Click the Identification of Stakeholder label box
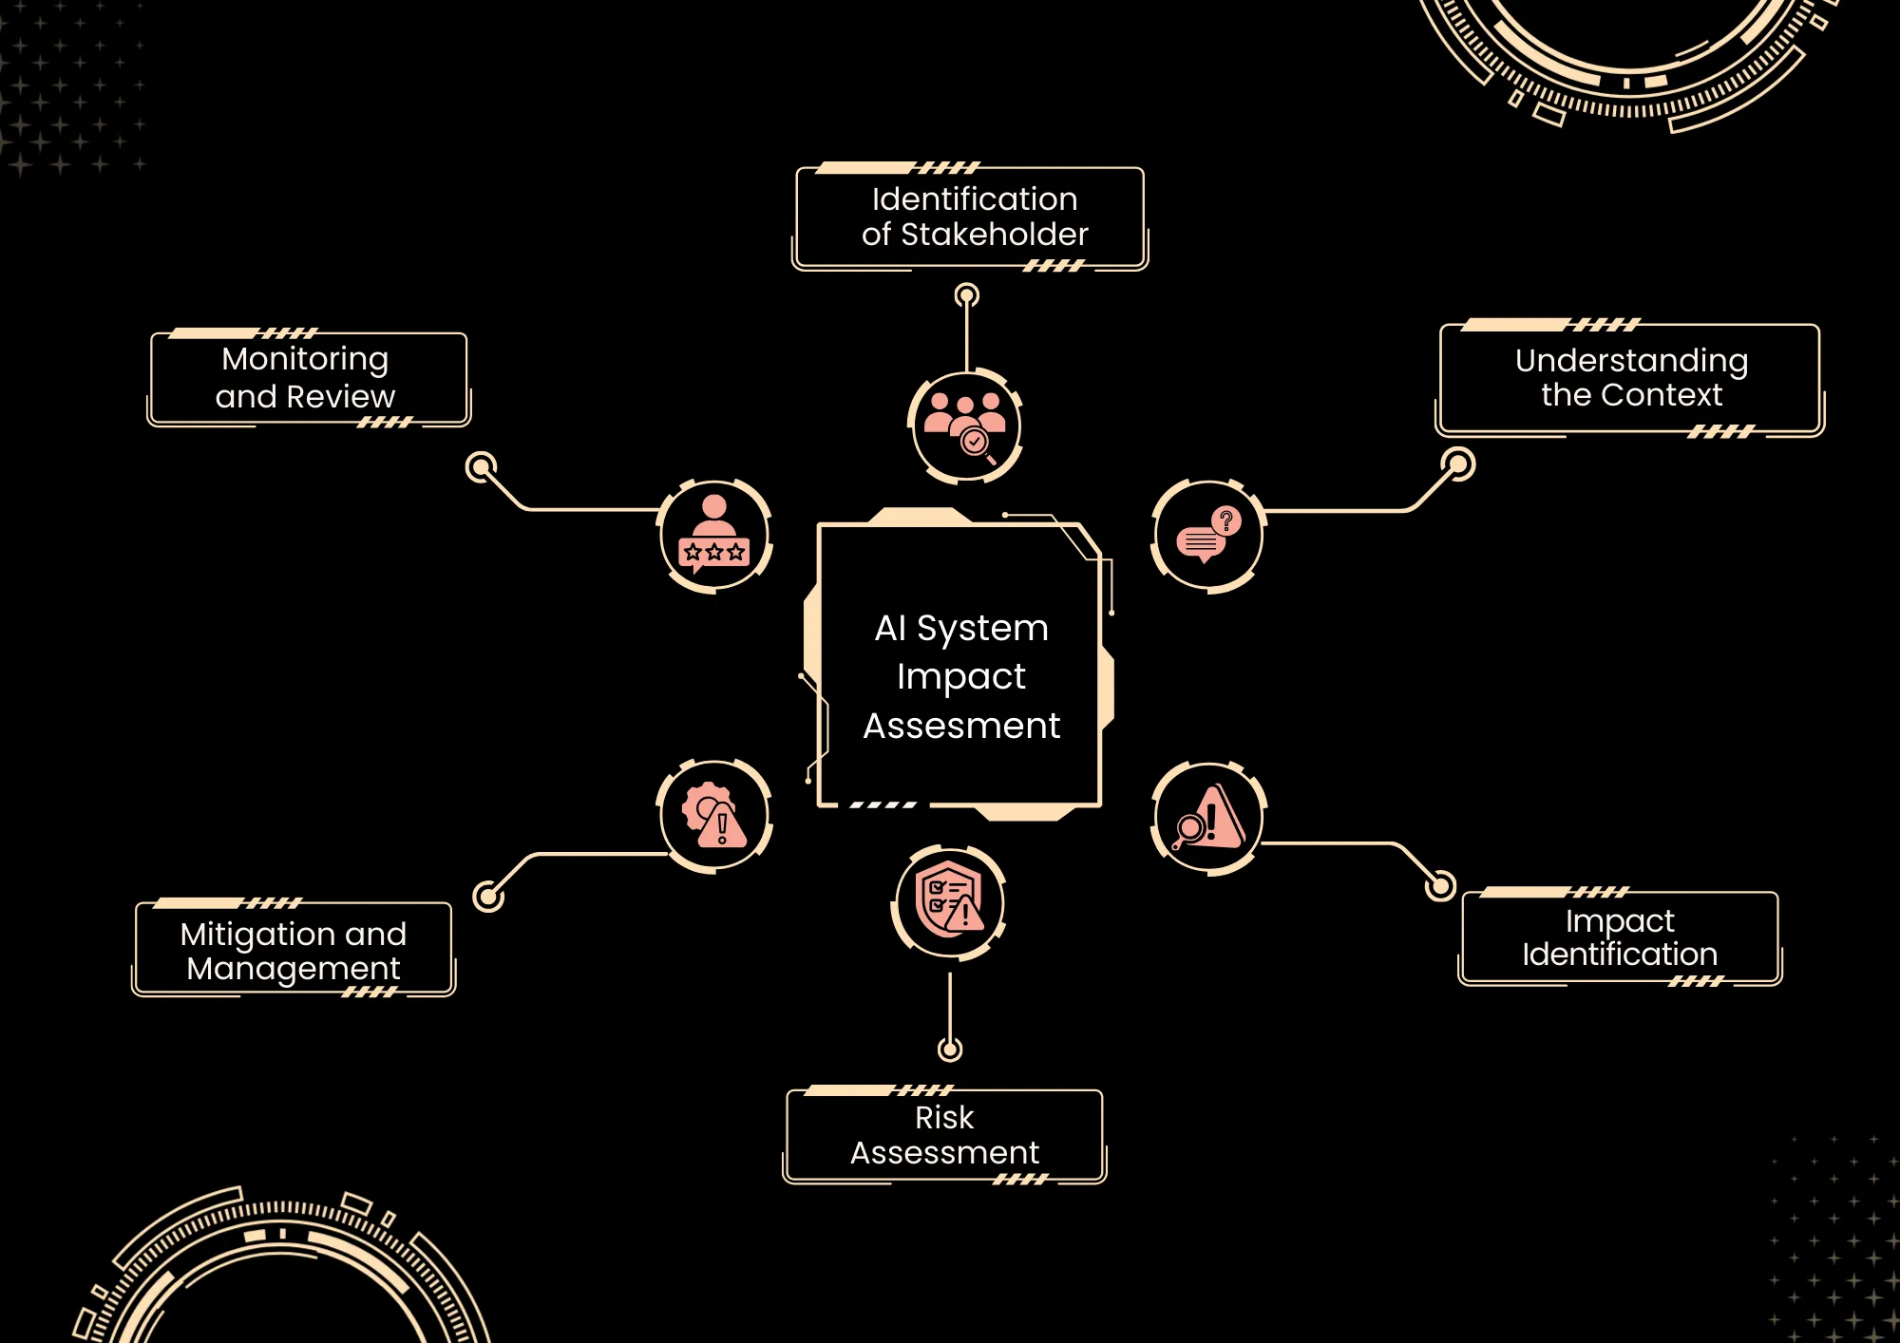pyautogui.click(x=971, y=218)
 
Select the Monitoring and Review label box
pyautogui.click(x=308, y=378)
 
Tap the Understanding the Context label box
pyautogui.click(x=1630, y=378)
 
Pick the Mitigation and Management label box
pyautogui.click(x=294, y=950)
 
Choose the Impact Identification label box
pyautogui.click(x=1620, y=937)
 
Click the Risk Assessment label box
pyautogui.click(x=945, y=1136)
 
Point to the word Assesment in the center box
pyautogui.click(x=961, y=726)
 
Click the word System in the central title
pyautogui.click(x=982, y=628)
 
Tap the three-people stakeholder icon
pyautogui.click(x=965, y=426)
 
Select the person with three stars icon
pyautogui.click(x=714, y=536)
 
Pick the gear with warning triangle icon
pyautogui.click(x=714, y=816)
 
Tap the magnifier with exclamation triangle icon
pyautogui.click(x=1208, y=818)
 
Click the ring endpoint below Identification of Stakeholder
pyautogui.click(x=967, y=295)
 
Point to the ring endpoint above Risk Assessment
pyautogui.click(x=950, y=1050)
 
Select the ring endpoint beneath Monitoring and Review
pyautogui.click(x=482, y=466)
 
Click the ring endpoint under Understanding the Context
pyautogui.click(x=1458, y=464)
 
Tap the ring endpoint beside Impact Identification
pyautogui.click(x=1440, y=885)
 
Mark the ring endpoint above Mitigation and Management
pyautogui.click(x=488, y=896)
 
